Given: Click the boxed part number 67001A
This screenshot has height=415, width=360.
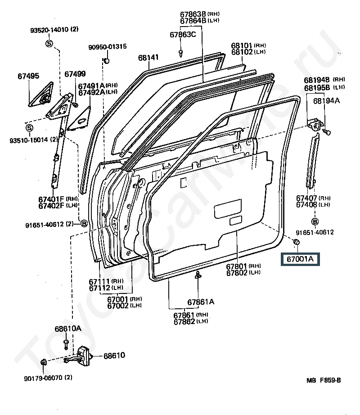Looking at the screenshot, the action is (300, 259).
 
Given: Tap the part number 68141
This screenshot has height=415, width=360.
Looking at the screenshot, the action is (148, 58).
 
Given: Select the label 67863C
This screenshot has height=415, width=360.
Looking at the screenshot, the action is (183, 35).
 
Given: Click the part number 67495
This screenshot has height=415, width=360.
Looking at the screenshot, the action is (28, 76).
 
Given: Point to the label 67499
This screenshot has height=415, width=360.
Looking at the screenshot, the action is (75, 74).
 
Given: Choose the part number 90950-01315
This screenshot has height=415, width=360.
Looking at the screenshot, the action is (108, 47).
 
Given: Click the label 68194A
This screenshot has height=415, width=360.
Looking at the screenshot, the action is (326, 100).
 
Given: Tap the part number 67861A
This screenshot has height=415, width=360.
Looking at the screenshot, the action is (201, 302).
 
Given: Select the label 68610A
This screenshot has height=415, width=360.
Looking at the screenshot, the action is (68, 329).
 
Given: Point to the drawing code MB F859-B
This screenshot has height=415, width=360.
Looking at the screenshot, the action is (324, 380).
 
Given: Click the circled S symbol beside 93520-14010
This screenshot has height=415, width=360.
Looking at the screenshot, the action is (49, 43).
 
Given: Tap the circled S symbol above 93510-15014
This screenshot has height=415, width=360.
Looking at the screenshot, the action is (29, 128).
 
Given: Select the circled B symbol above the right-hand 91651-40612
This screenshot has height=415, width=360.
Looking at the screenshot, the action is (315, 221).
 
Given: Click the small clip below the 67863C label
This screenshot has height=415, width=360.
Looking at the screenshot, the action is (181, 53).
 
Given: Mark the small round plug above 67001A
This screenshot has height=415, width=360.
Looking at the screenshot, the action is (296, 242).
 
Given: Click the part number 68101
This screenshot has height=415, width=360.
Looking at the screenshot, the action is (242, 45).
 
